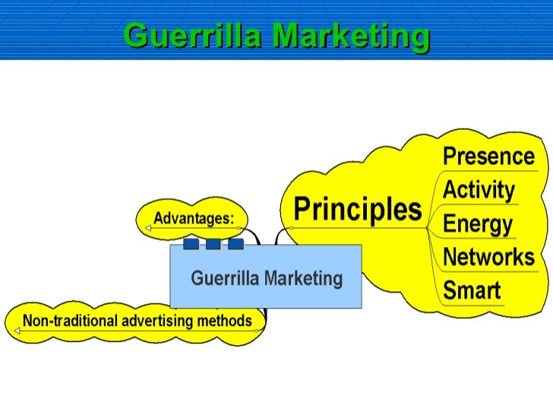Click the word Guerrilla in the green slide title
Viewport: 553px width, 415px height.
coord(192,36)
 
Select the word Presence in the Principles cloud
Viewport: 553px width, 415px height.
coord(488,157)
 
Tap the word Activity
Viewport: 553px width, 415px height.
coord(479,190)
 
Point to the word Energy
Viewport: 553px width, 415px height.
coord(477,224)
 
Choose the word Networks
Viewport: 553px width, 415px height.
coord(488,257)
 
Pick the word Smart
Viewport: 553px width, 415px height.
coord(472,290)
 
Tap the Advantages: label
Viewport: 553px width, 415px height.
coord(194,219)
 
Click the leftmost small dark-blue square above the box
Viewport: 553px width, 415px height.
coord(191,244)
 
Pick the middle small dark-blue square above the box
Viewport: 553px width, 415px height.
coord(213,244)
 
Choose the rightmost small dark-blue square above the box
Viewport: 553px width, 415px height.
coord(236,244)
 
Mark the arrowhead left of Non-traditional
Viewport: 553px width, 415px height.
coord(15,331)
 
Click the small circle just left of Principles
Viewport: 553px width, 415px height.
coord(289,227)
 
